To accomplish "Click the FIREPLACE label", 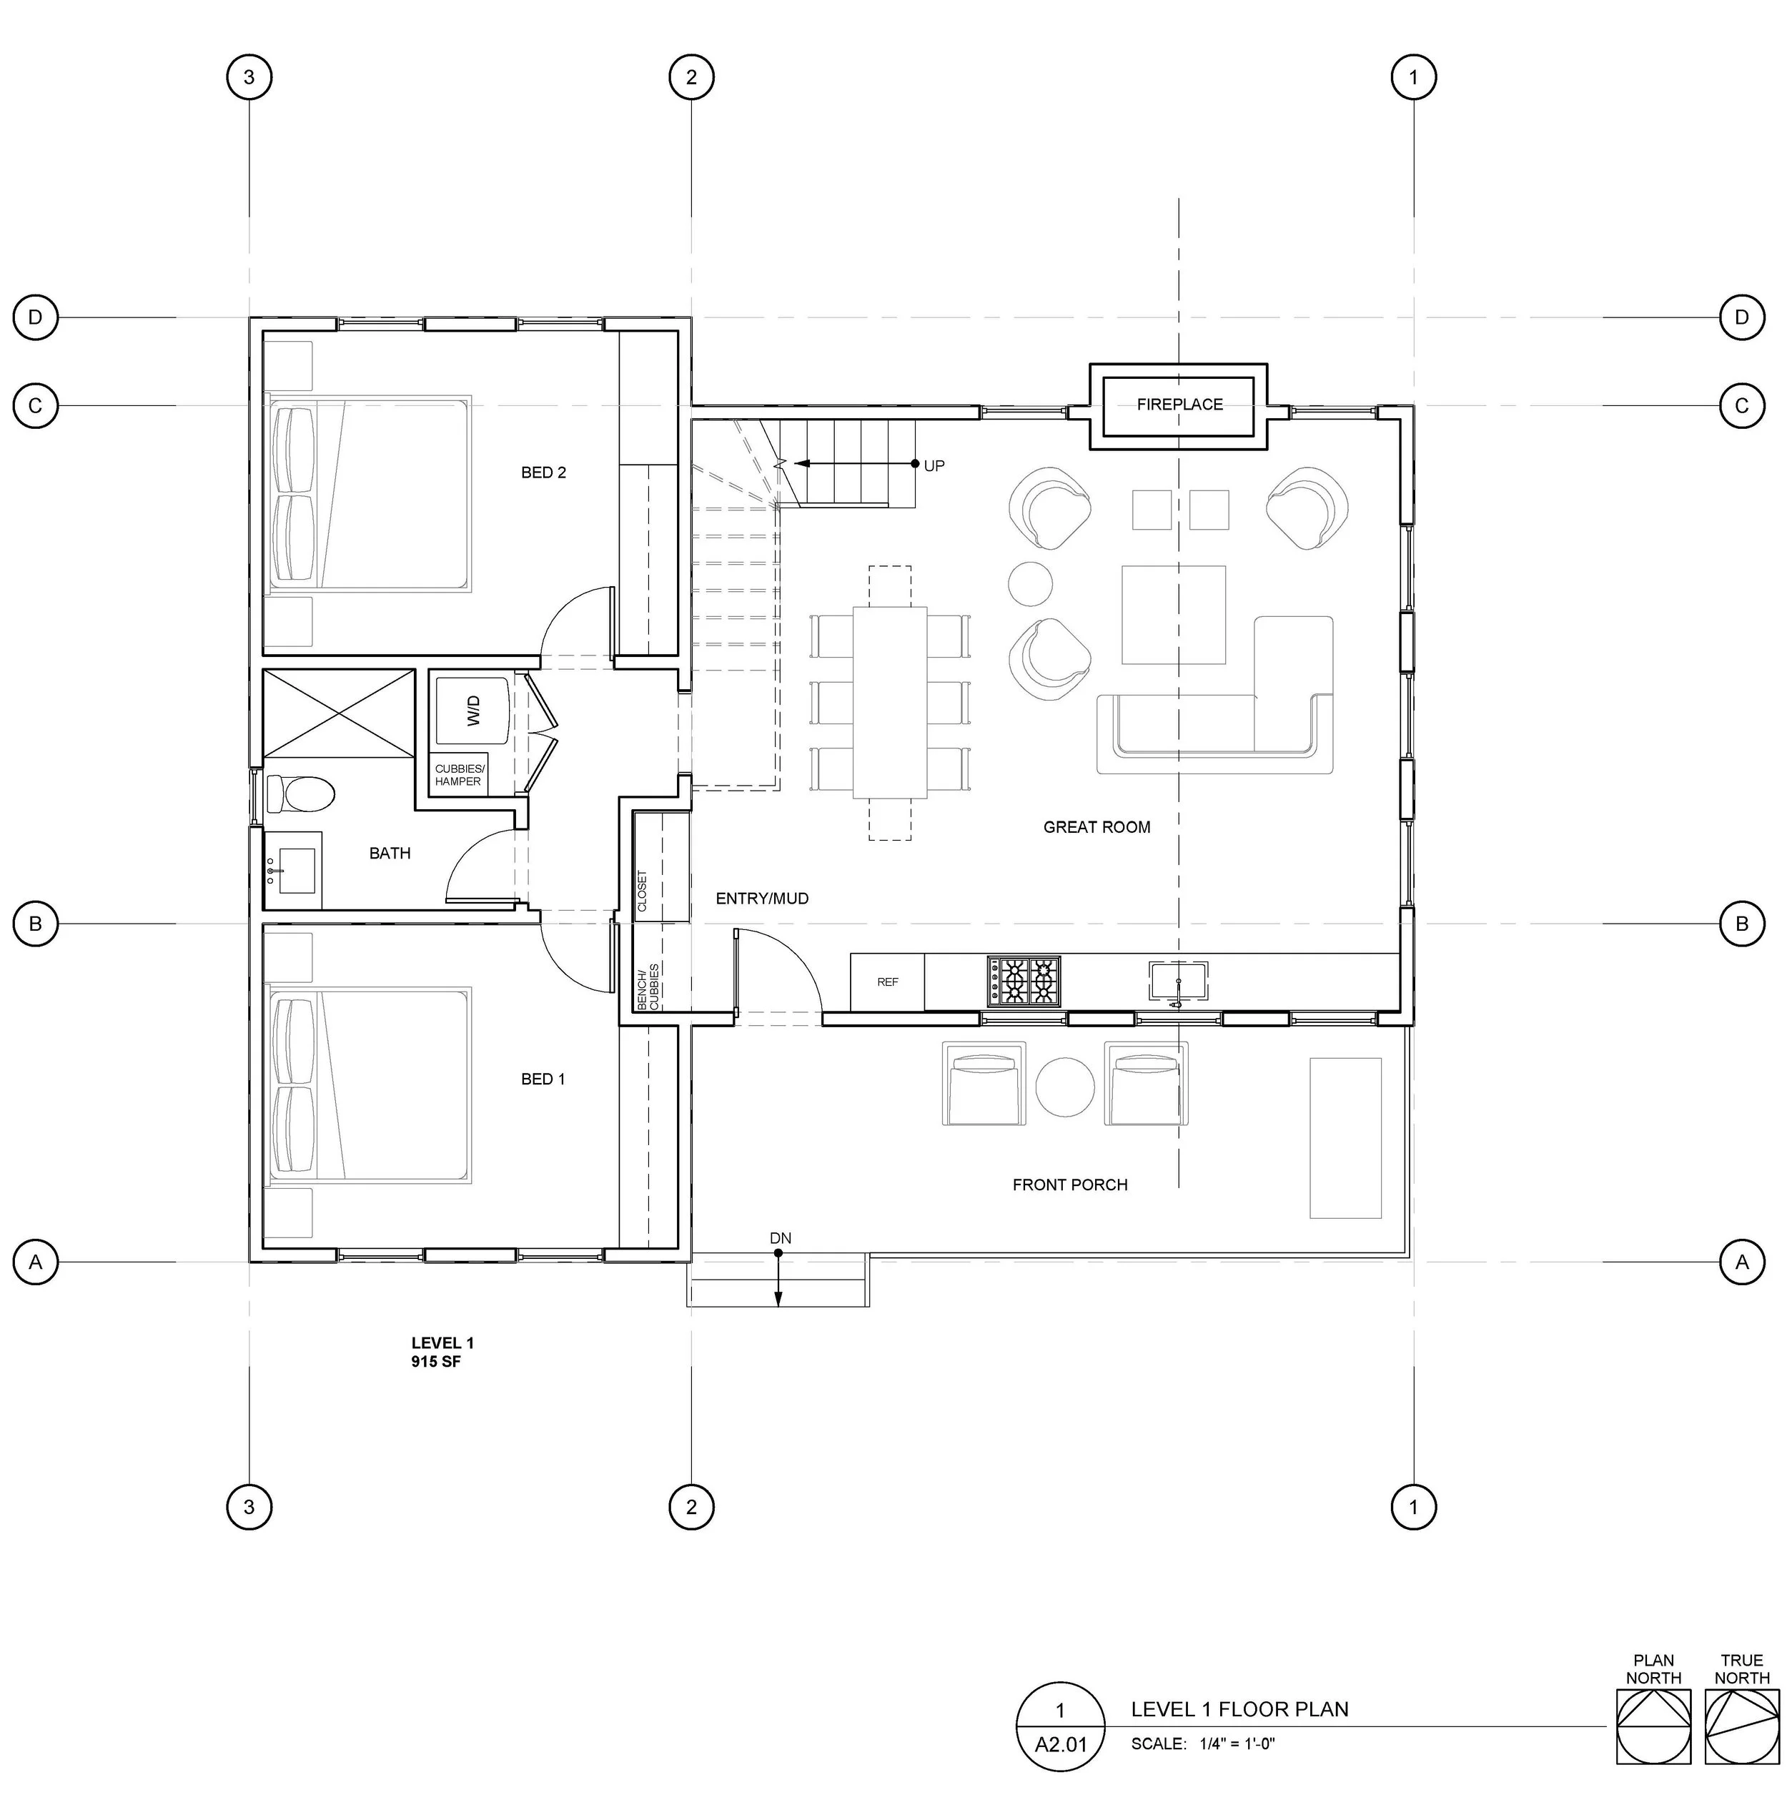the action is click(1179, 405).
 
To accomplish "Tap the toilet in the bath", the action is click(300, 794).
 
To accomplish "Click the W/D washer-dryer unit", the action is click(472, 710).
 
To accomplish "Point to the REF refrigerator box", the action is click(887, 981).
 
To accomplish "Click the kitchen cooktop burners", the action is click(1024, 981).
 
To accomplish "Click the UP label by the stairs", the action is click(934, 465).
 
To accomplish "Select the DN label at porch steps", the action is click(780, 1239).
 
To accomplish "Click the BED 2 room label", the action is click(543, 473).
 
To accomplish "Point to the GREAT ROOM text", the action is click(1097, 827).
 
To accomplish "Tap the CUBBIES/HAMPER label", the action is click(459, 775).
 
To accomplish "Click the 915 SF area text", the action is click(437, 1361).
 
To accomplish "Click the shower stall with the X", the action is click(338, 713).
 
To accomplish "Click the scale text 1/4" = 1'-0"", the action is click(1237, 1744).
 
